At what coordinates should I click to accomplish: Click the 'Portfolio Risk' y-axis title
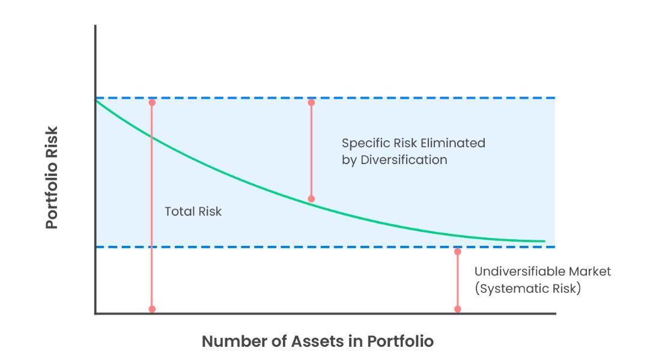point(52,177)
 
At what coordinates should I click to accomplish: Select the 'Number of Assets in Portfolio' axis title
point(317,341)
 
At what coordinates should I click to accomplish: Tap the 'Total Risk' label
point(193,212)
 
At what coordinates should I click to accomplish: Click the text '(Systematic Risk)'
point(527,288)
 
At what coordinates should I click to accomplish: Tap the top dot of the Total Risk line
point(152,103)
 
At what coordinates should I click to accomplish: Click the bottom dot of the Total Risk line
point(152,309)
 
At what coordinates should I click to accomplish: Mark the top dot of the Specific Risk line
point(311,103)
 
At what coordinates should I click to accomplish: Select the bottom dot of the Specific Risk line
point(311,199)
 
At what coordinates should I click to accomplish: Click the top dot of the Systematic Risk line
point(458,252)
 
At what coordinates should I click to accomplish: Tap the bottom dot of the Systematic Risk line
point(458,309)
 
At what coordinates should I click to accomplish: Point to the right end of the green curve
point(544,242)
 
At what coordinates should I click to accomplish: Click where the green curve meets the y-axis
point(96,100)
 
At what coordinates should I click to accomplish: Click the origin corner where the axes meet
point(96,313)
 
